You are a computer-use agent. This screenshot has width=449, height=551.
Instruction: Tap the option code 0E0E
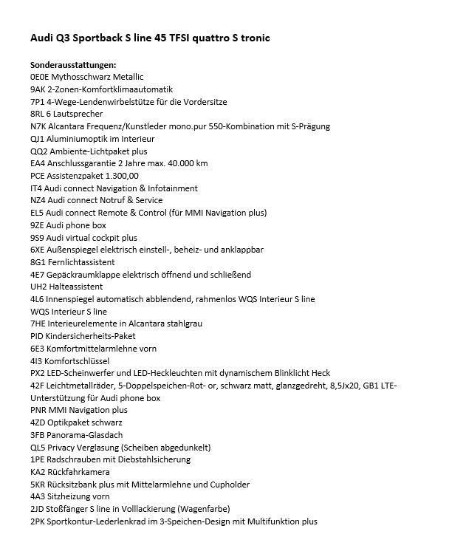point(42,77)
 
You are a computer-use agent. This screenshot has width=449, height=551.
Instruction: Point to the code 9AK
point(39,89)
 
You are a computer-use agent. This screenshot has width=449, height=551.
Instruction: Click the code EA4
point(39,163)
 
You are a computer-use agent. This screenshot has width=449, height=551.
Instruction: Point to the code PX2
point(38,373)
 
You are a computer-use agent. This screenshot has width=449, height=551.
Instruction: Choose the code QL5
point(39,448)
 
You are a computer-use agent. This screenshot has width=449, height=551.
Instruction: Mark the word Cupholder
point(228,485)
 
